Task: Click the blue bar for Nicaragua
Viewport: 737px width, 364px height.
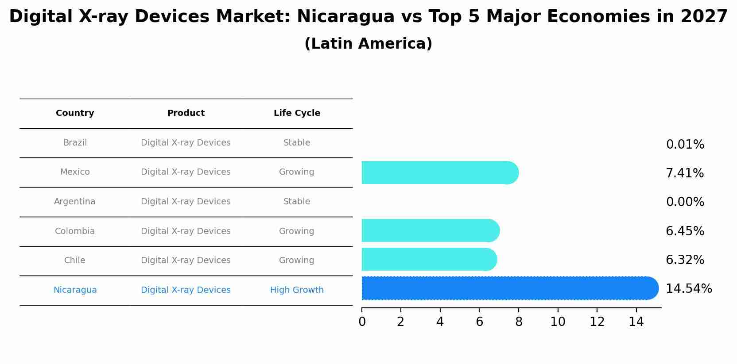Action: coord(509,288)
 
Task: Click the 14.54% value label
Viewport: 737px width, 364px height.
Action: coord(689,289)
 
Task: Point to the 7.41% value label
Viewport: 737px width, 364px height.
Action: coord(685,173)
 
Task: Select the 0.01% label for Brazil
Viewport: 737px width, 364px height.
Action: coord(685,145)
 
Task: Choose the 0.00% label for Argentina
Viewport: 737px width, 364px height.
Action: coord(685,202)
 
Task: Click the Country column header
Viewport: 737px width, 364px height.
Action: coord(75,113)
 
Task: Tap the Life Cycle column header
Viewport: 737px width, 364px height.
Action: coord(297,113)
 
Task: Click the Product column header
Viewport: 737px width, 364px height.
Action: coord(186,113)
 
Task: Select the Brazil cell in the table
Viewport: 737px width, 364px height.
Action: coord(75,143)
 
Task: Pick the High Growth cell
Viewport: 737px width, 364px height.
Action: coord(297,290)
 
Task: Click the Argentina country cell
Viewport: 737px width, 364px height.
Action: coord(74,202)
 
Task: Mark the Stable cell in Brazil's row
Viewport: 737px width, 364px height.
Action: coord(297,143)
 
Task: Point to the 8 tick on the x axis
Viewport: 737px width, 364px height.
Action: coord(519,322)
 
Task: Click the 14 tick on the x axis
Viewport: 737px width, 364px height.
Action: coord(636,322)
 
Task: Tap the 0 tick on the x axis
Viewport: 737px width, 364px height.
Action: coord(362,322)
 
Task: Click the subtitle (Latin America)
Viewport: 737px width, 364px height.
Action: coord(368,44)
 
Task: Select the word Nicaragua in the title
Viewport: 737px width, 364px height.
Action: coord(345,17)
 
